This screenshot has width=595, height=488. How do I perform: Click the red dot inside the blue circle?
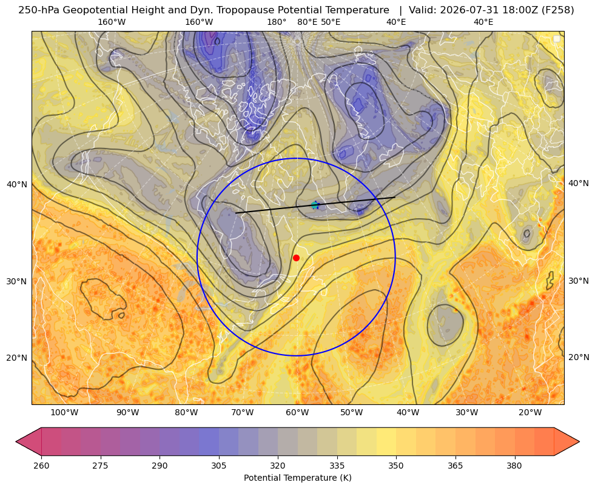[297, 258]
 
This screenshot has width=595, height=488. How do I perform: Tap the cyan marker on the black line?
[315, 205]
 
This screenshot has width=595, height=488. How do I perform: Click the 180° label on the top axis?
[277, 22]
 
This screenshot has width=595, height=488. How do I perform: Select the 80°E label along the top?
[308, 22]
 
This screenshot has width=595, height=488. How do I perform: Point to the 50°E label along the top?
[331, 22]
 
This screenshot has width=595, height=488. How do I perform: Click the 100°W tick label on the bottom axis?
[64, 413]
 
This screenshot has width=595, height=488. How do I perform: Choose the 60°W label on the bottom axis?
[297, 413]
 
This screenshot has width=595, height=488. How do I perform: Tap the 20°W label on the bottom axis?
[530, 413]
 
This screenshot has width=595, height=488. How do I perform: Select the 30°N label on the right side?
[579, 281]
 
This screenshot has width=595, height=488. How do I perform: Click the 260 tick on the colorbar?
[41, 466]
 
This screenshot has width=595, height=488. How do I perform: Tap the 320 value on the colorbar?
[278, 466]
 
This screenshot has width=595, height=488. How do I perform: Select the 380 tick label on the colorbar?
[514, 466]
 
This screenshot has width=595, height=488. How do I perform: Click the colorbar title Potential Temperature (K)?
[297, 478]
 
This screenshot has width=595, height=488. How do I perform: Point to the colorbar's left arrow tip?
[16, 441]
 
